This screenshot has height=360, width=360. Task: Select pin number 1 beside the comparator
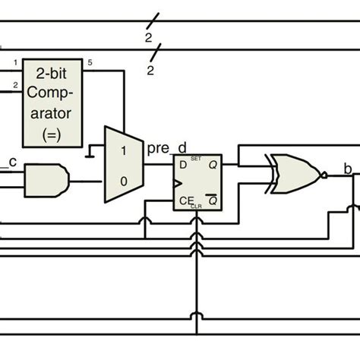[14, 62]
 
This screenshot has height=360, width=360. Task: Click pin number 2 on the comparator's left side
[14, 85]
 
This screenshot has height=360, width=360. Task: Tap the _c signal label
[11, 160]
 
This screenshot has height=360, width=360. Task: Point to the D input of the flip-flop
[182, 163]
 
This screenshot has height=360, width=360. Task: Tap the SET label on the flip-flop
[196, 159]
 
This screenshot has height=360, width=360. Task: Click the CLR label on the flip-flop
[196, 205]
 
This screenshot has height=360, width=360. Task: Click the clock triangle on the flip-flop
[179, 184]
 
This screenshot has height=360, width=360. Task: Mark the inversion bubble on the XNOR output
[323, 175]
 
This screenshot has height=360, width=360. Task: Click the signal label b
[347, 169]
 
